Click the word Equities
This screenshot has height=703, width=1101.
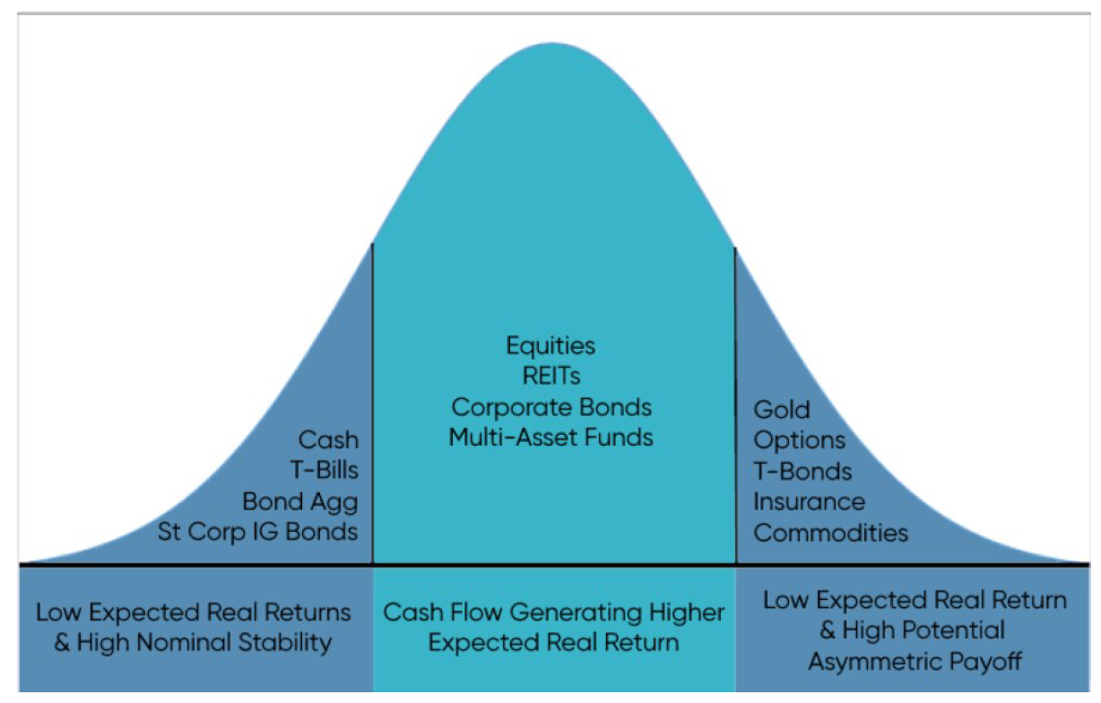point(550,346)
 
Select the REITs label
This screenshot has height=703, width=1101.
point(550,377)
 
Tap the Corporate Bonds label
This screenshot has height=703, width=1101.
point(550,407)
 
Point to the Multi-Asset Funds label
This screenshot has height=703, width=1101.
point(550,438)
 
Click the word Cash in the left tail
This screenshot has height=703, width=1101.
point(328,440)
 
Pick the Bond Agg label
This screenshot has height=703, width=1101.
point(299,501)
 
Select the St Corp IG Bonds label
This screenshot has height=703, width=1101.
point(257,532)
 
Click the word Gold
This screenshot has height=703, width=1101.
point(782,410)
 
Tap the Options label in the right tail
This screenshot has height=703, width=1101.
point(799,440)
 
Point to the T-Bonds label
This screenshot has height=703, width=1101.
point(802,471)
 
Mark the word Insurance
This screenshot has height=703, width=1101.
point(809,501)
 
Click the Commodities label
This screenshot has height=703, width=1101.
point(830,533)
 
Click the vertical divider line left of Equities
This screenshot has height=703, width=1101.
point(372,404)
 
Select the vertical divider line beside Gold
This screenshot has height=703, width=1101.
point(735,404)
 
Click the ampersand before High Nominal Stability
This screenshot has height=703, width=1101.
point(62,643)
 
